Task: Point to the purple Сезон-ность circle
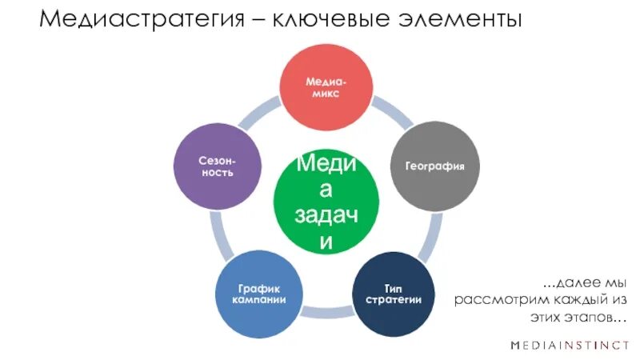[x=216, y=166]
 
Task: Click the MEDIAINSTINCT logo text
[x=570, y=346]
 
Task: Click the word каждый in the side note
[x=576, y=301]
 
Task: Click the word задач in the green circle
[x=326, y=214]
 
